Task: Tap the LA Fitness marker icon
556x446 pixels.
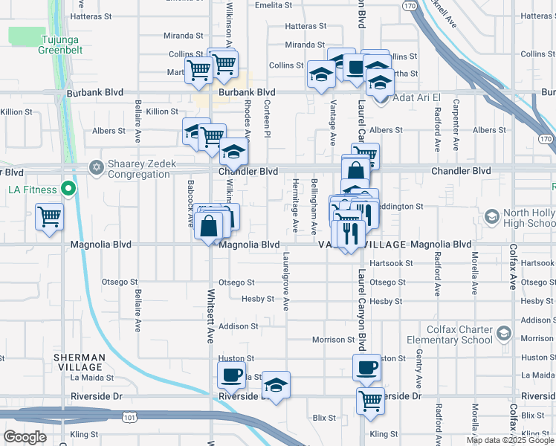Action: [x=68, y=189]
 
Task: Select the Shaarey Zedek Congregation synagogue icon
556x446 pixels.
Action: [x=96, y=166]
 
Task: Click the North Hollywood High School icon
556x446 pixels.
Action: [x=491, y=216]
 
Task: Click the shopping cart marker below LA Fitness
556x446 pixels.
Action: [x=50, y=218]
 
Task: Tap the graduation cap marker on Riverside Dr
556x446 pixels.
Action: [x=276, y=385]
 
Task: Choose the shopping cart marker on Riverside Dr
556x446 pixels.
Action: [x=370, y=401]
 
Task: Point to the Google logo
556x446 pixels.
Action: [x=25, y=437]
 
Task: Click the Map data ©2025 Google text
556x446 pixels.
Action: [x=509, y=440]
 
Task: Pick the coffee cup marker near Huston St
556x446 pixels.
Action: [x=367, y=367]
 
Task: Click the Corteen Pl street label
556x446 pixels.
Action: [x=265, y=114]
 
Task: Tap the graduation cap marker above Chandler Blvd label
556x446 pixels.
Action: [x=233, y=154]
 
